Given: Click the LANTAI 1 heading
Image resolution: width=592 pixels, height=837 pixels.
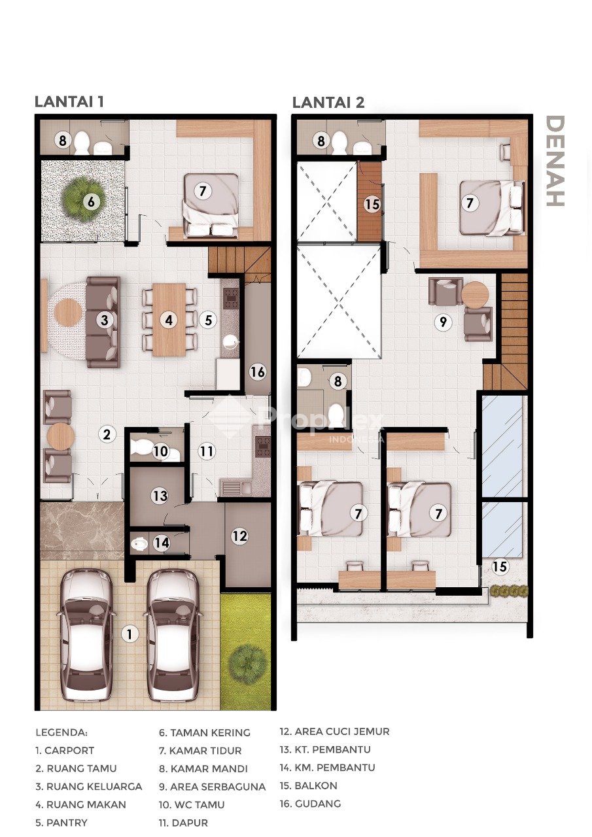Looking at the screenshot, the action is click(x=69, y=101).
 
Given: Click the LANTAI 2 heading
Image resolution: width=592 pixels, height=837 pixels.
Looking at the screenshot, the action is click(x=328, y=102).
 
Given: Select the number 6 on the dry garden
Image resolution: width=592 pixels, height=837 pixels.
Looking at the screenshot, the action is click(x=91, y=202).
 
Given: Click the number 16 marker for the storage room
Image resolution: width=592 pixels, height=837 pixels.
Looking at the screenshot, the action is click(x=258, y=372).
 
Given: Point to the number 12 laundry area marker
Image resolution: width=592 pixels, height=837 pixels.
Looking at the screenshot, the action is click(x=239, y=536).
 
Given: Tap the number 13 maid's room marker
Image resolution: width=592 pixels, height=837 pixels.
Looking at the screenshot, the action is click(x=160, y=496).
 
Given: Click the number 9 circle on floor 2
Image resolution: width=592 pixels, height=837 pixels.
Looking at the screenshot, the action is click(x=444, y=322).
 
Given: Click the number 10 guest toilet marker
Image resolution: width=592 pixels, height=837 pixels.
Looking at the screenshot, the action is click(x=161, y=451).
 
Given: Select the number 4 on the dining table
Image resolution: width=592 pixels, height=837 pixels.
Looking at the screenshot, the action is click(x=169, y=320).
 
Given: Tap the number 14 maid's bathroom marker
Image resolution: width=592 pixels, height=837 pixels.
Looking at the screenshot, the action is click(x=162, y=543).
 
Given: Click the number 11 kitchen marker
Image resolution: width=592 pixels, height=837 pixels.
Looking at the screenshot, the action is click(x=206, y=451).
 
